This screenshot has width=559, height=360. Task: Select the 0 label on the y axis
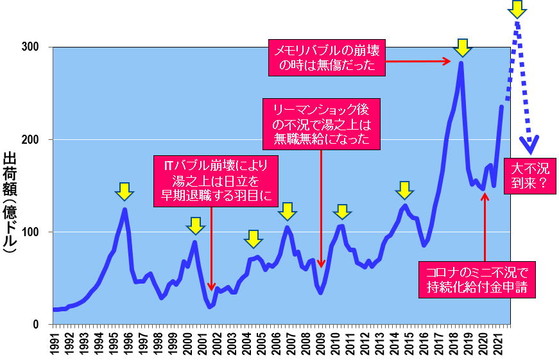point(44,325)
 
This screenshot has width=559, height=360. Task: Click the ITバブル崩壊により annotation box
point(216,180)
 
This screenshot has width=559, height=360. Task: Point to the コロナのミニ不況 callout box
point(476,279)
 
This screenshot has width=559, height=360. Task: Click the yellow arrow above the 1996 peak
point(125,191)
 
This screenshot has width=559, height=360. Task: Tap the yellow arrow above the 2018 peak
point(462,47)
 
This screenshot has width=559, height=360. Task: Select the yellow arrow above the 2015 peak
point(404,190)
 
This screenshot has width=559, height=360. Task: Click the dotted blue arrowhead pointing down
point(529,145)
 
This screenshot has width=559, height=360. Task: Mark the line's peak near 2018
point(461,64)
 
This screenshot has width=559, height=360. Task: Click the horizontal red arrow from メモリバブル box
point(418,61)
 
